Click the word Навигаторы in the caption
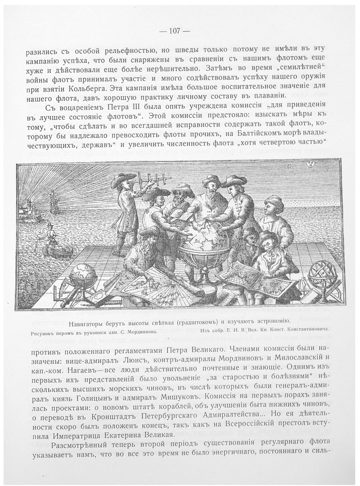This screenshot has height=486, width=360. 89,322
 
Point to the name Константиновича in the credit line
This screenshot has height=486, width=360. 308,330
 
